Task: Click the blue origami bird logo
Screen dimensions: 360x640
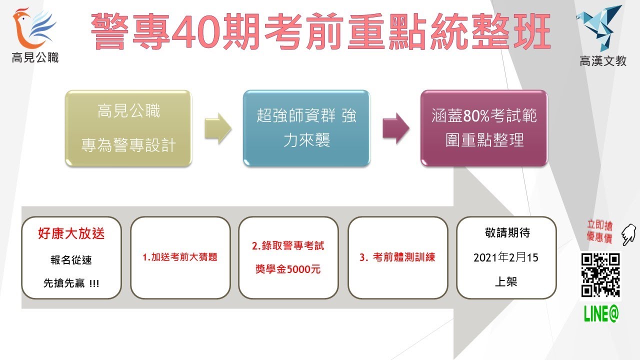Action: coord(601,27)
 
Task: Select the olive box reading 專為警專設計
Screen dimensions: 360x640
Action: coord(128,128)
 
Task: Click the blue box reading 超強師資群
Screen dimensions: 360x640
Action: coord(306,128)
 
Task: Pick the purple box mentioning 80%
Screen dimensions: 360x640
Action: coord(484,128)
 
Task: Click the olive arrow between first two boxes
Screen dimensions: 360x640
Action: coord(217,128)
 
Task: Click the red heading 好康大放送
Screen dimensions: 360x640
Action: coord(71,233)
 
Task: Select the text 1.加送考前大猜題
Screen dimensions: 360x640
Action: coord(180,257)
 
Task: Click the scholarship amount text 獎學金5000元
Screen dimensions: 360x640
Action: coord(288,270)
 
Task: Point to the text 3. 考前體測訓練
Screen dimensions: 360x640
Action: coord(397,257)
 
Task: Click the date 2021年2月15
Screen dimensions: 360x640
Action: coord(505,257)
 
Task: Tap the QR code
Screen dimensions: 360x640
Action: coord(600,275)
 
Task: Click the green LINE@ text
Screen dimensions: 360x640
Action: coord(601,313)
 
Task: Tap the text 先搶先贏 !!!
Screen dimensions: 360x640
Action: coord(71,283)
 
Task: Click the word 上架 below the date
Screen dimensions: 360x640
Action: coord(505,281)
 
